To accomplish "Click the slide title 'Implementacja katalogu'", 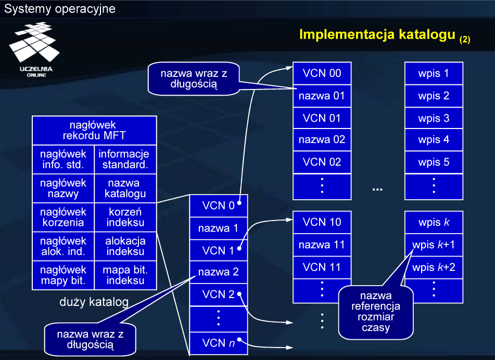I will pyautogui.click(x=378, y=35).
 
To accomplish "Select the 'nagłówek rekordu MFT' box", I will pyautogui.click(x=94, y=131).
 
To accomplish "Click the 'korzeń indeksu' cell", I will pyautogui.click(x=125, y=217).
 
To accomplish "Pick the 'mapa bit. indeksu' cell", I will pyautogui.click(x=125, y=275).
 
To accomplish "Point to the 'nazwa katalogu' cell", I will pyautogui.click(x=125, y=188).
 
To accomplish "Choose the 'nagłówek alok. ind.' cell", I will pyautogui.click(x=63, y=246).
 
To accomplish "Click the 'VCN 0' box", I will pyautogui.click(x=218, y=205).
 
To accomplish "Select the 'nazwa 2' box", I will pyautogui.click(x=218, y=272).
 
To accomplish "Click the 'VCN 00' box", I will pyautogui.click(x=322, y=73).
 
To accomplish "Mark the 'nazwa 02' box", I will pyautogui.click(x=322, y=139).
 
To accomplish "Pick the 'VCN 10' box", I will pyautogui.click(x=322, y=222).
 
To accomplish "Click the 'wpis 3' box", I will pyautogui.click(x=434, y=118).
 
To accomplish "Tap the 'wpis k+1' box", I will pyautogui.click(x=434, y=245).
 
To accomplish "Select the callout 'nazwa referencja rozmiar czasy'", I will pyautogui.click(x=375, y=311).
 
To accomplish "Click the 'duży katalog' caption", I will pyautogui.click(x=94, y=302).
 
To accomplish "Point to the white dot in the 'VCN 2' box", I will pyautogui.click(x=239, y=294).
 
